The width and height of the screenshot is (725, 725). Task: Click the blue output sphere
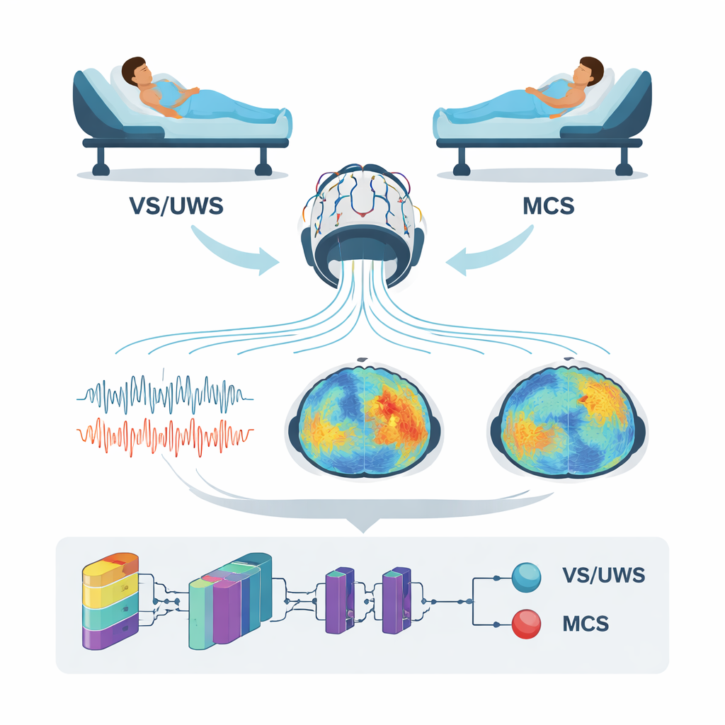point(525,576)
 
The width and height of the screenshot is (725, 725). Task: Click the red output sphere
point(525,624)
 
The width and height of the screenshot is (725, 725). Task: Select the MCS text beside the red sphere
point(585,624)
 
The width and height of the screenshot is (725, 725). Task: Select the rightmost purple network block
point(396,600)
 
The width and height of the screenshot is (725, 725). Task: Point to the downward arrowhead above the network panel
point(362,525)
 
